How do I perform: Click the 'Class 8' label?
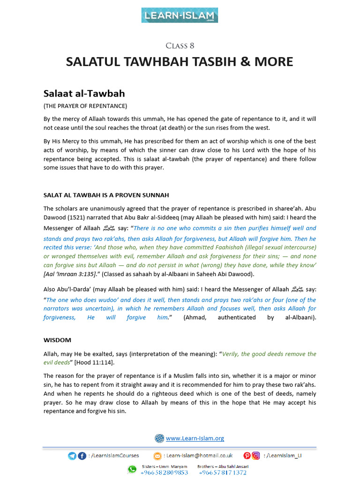pos(180,45)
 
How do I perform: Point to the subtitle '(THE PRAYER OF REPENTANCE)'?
pos(85,106)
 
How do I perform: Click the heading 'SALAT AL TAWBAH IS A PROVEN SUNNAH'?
pos(106,195)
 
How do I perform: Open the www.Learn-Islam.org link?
pos(195,438)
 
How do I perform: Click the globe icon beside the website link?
pos(159,438)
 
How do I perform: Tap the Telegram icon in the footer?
pos(72,456)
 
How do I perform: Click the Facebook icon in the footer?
pos(82,456)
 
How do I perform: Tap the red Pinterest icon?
pos(247,456)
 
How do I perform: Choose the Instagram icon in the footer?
pos(256,456)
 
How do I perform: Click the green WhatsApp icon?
pos(133,470)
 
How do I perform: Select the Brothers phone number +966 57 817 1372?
pos(223,472)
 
